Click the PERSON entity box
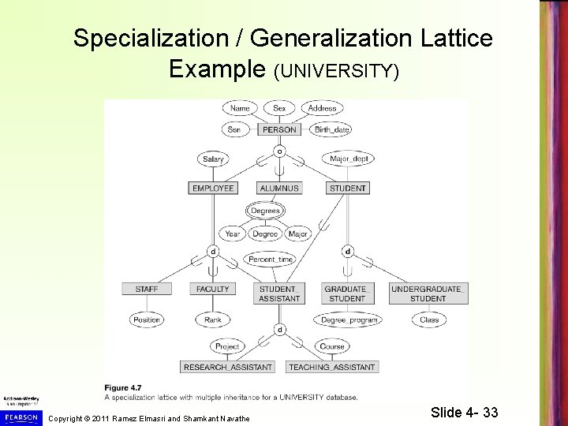coord(279,129)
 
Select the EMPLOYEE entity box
coord(213,189)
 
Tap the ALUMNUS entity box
coord(279,189)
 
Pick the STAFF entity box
coord(147,290)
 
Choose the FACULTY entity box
coord(213,290)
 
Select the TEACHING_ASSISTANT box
coord(331,367)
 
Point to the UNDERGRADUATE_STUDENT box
coord(428,293)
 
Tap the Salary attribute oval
coord(213,159)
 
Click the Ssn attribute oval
coord(233,129)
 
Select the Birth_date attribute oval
coord(332,129)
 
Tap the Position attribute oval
coord(147,320)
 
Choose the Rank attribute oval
coord(213,320)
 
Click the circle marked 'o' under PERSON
coord(279,150)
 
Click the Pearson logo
coord(20,416)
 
